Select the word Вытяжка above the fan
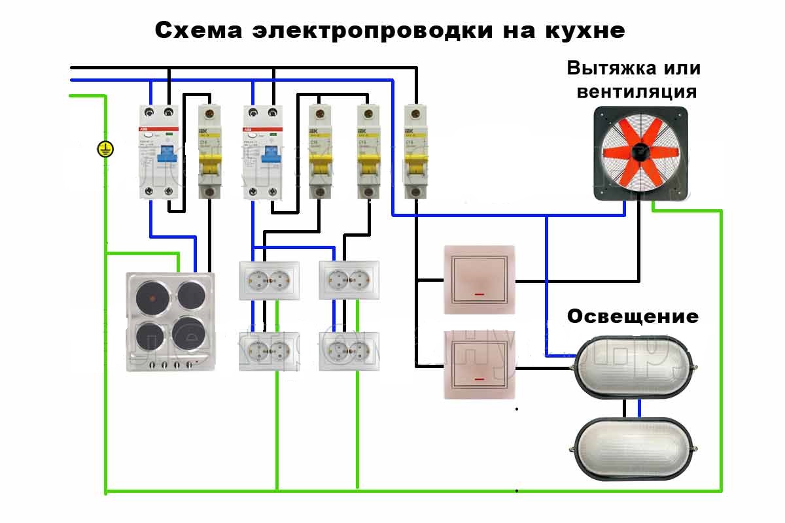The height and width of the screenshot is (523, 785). click(605, 69)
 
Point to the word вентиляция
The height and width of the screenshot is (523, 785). click(636, 91)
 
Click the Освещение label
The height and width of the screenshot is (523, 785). click(633, 317)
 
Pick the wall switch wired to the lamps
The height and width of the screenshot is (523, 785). click(479, 364)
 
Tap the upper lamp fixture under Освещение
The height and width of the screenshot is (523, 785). click(631, 367)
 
